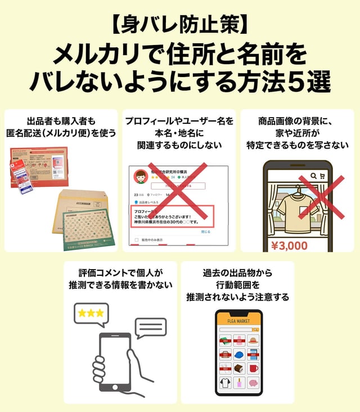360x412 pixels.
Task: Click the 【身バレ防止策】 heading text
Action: click(179, 25)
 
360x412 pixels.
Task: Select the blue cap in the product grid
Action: click(239, 355)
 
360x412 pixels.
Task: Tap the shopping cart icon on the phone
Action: click(322, 175)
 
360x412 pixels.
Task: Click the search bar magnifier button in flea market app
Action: click(256, 330)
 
